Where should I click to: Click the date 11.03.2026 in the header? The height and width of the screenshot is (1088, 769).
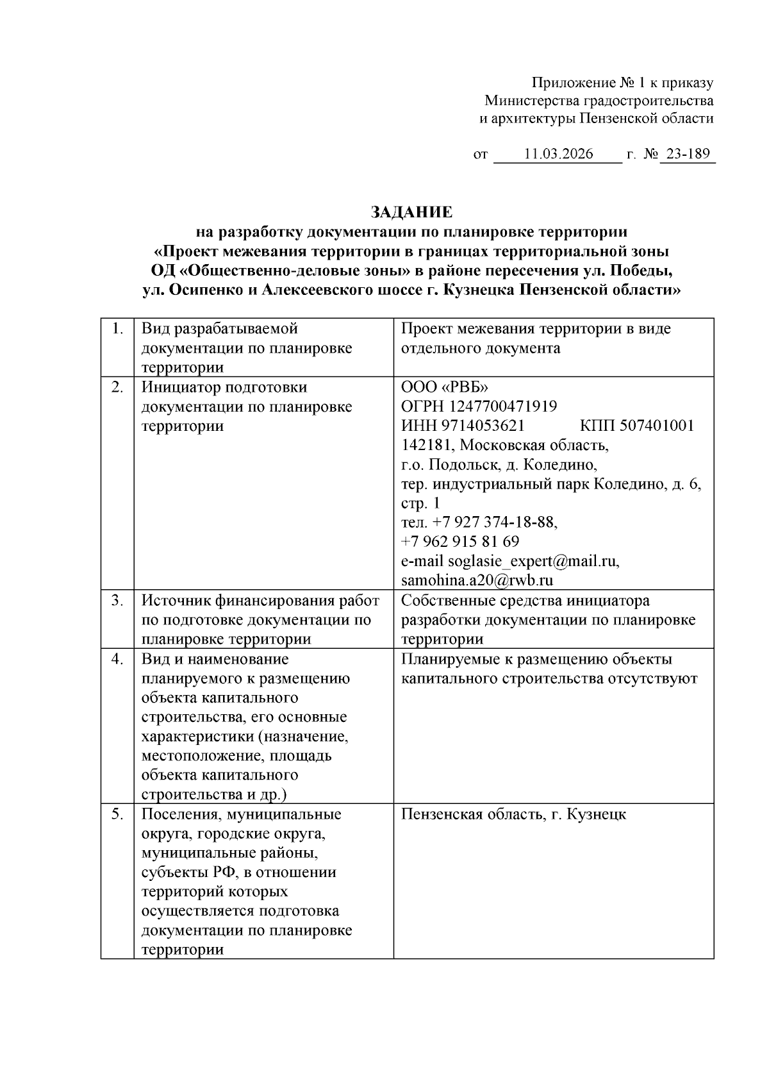tap(558, 155)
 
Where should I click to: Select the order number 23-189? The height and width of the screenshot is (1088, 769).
tap(688, 155)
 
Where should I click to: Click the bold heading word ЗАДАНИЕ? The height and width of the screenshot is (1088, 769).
tap(411, 212)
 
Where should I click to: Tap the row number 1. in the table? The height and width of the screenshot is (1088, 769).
tap(117, 329)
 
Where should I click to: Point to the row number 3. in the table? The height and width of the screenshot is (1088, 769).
tap(117, 601)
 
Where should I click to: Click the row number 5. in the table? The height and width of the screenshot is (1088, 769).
tap(117, 814)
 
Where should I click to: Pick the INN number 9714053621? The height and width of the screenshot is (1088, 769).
tap(487, 426)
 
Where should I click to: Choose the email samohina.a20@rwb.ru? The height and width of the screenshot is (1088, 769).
tap(477, 581)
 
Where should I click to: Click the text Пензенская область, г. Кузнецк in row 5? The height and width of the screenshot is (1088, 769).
tap(513, 814)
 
